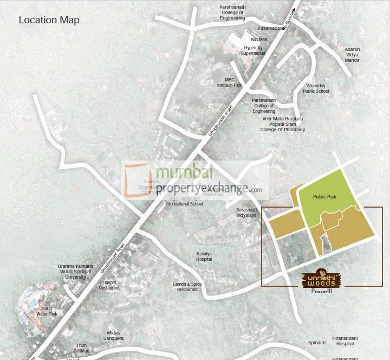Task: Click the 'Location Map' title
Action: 49,21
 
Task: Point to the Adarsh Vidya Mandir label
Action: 352,55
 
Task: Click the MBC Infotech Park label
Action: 230,82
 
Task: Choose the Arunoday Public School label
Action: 316,88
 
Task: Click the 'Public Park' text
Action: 325,197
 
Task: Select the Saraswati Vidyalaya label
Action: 246,212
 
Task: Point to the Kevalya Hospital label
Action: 204,256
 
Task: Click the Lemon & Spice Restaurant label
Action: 187,287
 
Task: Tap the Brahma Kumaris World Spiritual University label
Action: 75,272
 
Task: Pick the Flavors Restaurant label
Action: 109,285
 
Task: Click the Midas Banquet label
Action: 114,336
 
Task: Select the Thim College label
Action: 81,348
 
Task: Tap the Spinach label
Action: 317,343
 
